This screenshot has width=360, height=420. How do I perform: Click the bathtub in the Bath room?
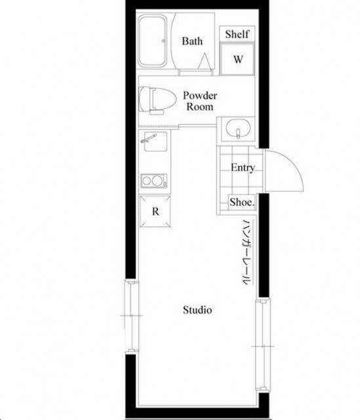pos(153,41)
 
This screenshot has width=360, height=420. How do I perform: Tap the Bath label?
pos(192,41)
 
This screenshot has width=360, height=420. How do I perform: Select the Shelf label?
pos(237,34)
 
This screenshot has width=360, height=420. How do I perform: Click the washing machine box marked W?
pos(237,59)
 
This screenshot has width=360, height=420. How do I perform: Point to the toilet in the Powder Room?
pos(157,100)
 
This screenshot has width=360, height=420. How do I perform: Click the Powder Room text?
pos(200,101)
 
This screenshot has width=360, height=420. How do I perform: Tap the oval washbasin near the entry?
pos(238,129)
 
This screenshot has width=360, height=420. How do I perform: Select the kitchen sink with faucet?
pos(155,141)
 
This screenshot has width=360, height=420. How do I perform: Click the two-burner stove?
pos(154,181)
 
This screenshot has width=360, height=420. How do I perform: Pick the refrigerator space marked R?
pos(155,211)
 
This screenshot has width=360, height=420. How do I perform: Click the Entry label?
pos(243,168)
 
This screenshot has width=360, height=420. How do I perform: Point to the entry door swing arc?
pos(291,164)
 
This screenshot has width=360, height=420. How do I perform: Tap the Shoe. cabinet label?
pos(242,202)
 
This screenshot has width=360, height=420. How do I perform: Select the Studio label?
pos(197,310)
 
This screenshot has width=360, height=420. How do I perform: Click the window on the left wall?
pos(132,316)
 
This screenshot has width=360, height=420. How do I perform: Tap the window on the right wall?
pos(264,346)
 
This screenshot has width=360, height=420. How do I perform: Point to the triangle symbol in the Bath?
pos(205,61)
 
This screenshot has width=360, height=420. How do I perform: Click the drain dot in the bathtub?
pos(163,41)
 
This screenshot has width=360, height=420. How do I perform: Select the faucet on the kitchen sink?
pos(148,138)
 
